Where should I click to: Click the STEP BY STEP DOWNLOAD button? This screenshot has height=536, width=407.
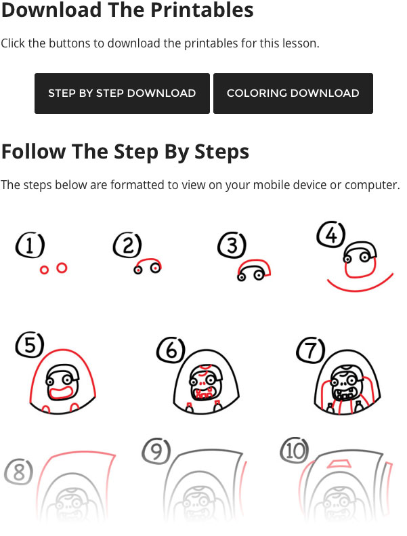point(122,94)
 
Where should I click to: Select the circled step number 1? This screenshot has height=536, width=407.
point(30,245)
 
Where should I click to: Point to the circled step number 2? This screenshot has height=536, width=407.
point(127,245)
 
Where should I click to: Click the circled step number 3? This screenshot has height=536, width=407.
point(232,245)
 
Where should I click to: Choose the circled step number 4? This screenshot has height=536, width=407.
point(331,234)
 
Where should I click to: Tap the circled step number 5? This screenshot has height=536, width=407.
point(29,346)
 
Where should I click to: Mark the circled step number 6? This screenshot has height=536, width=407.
point(171,350)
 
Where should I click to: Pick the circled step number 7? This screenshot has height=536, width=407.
point(311,350)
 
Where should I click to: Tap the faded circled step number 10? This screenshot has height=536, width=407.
point(294,451)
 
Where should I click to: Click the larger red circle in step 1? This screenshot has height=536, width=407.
point(62,268)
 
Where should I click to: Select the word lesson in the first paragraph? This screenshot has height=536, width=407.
point(297,43)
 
